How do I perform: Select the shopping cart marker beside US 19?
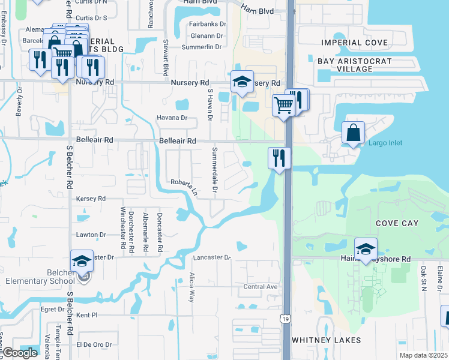click(x=283, y=106)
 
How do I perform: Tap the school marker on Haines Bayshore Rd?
click(x=366, y=249)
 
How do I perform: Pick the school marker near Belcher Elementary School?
click(x=82, y=261)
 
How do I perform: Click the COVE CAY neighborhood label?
click(x=397, y=223)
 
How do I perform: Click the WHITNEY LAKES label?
click(x=327, y=340)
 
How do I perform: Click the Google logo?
click(x=19, y=353)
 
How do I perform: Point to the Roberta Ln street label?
click(x=184, y=185)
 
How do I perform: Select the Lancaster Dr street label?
click(x=212, y=257)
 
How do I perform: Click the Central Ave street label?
click(x=261, y=287)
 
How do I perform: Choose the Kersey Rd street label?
click(x=91, y=198)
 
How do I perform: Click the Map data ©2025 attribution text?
click(x=424, y=355)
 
